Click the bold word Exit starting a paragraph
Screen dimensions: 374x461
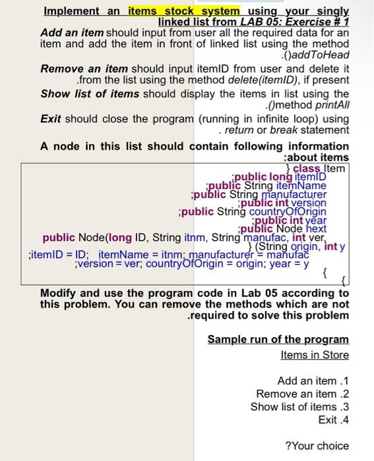[x=51, y=119]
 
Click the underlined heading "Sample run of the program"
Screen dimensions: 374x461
[x=278, y=339]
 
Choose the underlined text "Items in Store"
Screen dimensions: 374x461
[x=315, y=354]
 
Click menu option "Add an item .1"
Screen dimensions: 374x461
[x=313, y=381]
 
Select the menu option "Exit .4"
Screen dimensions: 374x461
[x=333, y=419]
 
